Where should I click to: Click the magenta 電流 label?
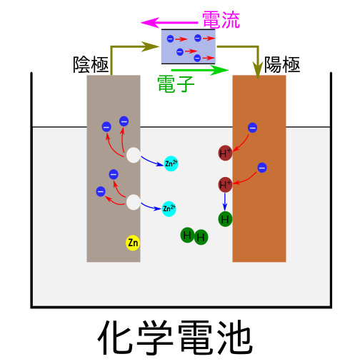(x=221, y=20)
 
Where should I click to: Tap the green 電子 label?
(x=176, y=84)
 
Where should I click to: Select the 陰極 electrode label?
(x=91, y=64)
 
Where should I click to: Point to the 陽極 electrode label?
(x=282, y=64)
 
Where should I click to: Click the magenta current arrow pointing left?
(x=169, y=23)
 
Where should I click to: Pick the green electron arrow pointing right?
(x=200, y=70)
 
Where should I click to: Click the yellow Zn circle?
(x=133, y=243)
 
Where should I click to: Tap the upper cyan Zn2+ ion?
(x=171, y=163)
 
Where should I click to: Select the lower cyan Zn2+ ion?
(x=169, y=208)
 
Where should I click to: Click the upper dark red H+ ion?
(x=225, y=153)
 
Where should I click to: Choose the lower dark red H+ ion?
(x=225, y=184)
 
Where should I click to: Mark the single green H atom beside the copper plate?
(x=225, y=219)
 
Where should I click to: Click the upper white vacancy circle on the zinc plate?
(x=134, y=155)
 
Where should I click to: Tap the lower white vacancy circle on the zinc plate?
(x=134, y=202)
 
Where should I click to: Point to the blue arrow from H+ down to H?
(x=225, y=202)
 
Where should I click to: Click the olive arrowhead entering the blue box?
(x=151, y=46)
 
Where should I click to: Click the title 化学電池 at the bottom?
(x=175, y=338)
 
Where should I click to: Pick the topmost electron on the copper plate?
(x=252, y=128)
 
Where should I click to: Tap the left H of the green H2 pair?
(x=187, y=235)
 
